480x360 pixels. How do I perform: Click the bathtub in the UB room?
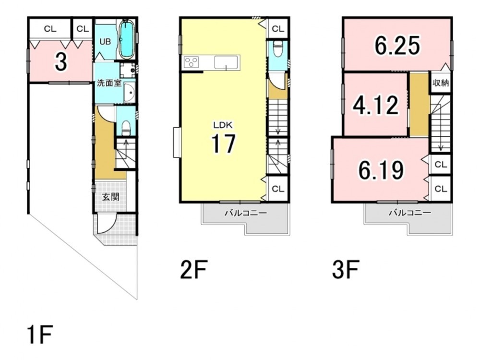pos(126,39)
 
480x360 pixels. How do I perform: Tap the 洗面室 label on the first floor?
pos(109,83)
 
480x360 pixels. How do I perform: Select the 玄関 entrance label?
pos(110,197)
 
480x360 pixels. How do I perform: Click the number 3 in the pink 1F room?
pos(61,61)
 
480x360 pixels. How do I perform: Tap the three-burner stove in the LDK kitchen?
pos(192,62)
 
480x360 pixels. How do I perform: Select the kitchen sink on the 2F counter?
pos(226,62)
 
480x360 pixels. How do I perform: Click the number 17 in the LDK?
pos(224,144)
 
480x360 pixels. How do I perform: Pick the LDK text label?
pos(223,125)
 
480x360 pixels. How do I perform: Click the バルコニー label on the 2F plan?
pos(246,213)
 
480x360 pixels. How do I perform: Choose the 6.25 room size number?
pos(397,46)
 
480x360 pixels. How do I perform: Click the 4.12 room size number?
pos(376,105)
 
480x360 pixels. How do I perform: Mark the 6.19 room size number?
pos(381,170)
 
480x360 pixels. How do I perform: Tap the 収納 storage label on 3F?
pos(441,83)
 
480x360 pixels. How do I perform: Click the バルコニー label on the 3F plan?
pos(410,213)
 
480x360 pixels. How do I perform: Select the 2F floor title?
pos(194,269)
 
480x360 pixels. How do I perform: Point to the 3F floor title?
pos(346,269)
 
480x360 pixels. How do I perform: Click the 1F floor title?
pos(40,335)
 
